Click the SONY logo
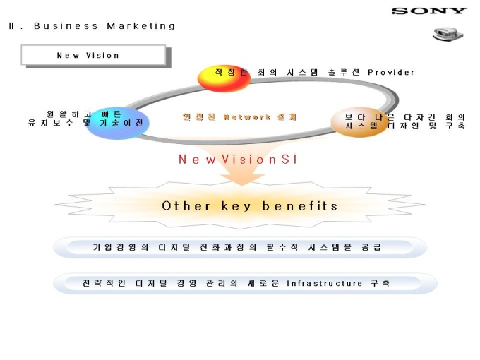coord(429,11)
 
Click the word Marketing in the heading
coord(140,26)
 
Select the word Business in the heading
coord(66,26)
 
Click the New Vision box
coord(93,55)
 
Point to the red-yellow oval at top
coord(223,78)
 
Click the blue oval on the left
coord(117,123)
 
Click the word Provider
coord(391,72)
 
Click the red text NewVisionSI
coord(238,160)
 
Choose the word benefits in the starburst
coord(300,206)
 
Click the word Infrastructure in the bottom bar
coord(325,283)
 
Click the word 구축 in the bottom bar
coord(380,283)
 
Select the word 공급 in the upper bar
coord(371,247)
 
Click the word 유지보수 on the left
coord(51,123)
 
